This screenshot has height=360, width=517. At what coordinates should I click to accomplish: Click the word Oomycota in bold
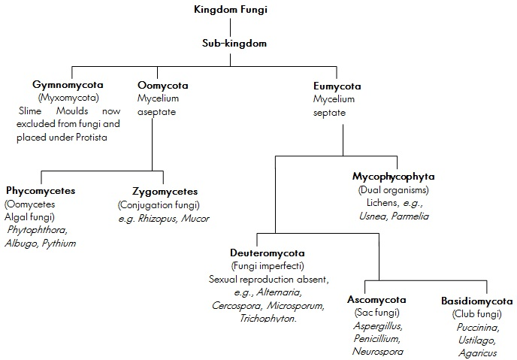[x=162, y=86]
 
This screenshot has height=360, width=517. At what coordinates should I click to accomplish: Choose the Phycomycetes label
[x=41, y=191]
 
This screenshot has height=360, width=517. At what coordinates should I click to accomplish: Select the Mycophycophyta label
[x=394, y=177]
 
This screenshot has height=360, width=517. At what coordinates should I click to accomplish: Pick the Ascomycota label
[x=376, y=300]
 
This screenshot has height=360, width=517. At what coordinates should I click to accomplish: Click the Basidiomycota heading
[x=476, y=301]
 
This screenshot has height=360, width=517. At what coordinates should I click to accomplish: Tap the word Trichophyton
[x=268, y=319]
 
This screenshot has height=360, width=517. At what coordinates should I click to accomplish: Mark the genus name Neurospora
[x=378, y=351]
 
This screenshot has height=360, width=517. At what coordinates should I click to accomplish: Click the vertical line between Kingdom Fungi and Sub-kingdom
[x=242, y=27]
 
